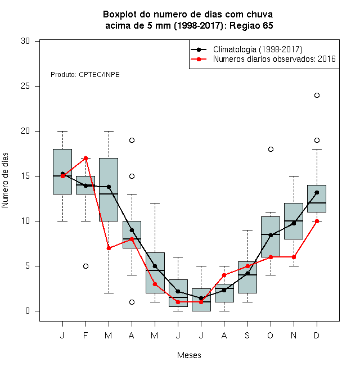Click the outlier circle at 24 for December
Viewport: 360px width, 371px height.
point(317,96)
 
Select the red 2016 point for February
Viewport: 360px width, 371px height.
point(85,158)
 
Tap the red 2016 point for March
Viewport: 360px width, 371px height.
point(109,248)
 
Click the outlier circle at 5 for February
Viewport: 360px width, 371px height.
point(85,266)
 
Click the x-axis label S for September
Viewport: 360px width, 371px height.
point(247,335)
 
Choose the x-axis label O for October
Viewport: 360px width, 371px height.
point(270,335)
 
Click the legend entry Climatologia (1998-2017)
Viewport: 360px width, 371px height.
point(258,49)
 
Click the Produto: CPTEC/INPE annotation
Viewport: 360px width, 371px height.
point(85,75)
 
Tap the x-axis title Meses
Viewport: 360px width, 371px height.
point(189,355)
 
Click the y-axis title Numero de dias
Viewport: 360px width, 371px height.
point(5,180)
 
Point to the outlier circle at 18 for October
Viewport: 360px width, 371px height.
point(271,150)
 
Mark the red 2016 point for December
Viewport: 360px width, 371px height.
point(317,221)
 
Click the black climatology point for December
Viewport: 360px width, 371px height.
point(317,193)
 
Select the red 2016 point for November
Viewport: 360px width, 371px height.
point(294,257)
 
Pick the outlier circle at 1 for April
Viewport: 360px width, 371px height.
point(132,302)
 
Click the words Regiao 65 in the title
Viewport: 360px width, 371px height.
point(251,25)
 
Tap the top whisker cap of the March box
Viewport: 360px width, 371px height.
point(109,131)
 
